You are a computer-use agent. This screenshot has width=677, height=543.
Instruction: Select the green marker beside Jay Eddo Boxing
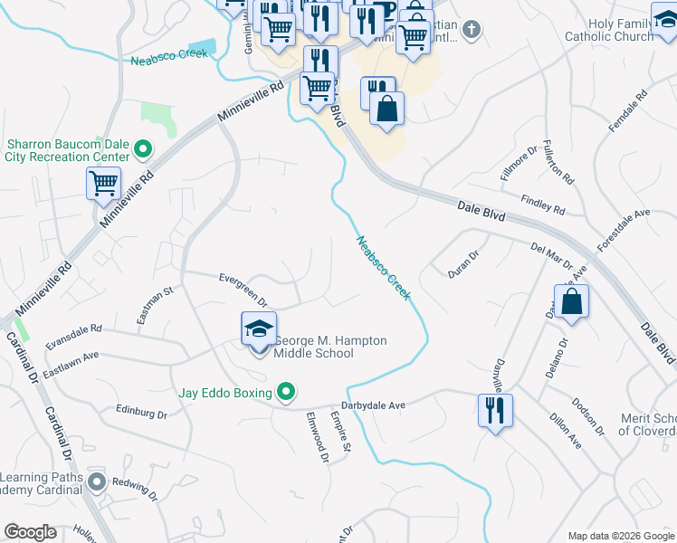point(286,392)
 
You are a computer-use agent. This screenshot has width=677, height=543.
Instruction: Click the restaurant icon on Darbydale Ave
point(495,411)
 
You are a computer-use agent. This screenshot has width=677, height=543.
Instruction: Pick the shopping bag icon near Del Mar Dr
point(572,303)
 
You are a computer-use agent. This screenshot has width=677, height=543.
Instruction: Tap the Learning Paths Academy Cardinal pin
point(97,483)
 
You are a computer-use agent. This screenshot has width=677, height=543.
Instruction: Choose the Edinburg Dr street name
point(141,412)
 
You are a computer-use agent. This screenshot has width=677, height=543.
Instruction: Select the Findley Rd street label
point(542,205)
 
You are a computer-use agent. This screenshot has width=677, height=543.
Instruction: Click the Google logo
point(30,532)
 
